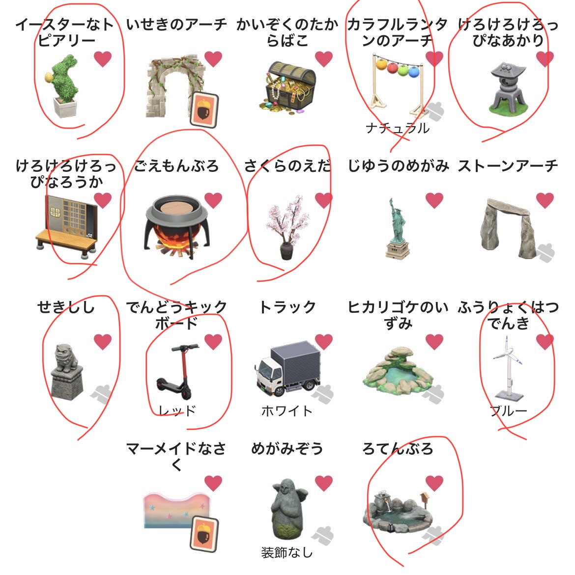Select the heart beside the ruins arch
213,59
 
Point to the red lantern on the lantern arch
392,67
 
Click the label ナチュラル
397,128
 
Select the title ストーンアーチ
508,166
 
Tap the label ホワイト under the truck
287,411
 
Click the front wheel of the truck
279,390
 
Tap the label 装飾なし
287,553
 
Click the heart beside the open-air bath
434,483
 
